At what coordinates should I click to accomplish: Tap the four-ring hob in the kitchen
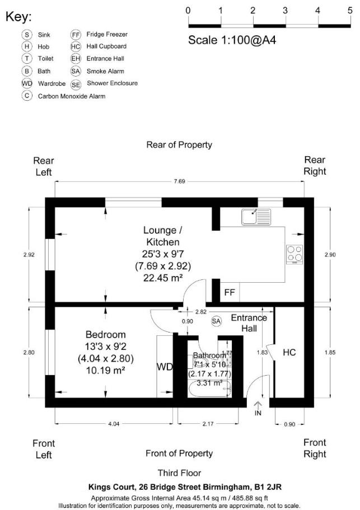pos(294,254)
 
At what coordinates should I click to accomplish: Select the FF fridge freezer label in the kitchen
pos(230,292)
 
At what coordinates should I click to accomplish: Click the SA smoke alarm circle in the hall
pos(216,321)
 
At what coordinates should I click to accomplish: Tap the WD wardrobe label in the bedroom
pos(165,367)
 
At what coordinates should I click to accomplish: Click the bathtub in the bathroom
pos(208,389)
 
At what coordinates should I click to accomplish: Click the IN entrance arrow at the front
pos(258,409)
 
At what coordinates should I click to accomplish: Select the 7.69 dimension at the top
pos(179,181)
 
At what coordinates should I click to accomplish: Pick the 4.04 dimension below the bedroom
pos(114,424)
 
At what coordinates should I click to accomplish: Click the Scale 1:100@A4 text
pos(232,40)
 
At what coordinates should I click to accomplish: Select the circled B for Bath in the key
pos(26,71)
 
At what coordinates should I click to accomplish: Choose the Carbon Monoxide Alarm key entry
pos(71,96)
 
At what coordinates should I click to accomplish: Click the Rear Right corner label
pos(315,166)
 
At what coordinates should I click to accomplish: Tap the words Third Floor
pos(179,473)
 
